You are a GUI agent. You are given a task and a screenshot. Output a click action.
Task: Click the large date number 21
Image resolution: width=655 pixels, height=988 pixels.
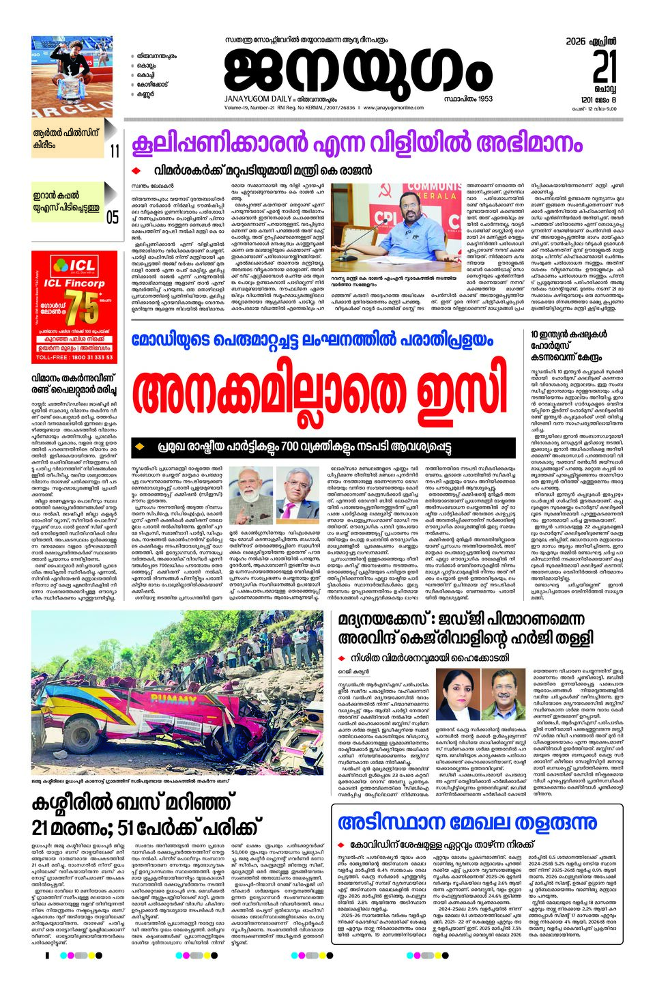pyautogui.click(x=605, y=68)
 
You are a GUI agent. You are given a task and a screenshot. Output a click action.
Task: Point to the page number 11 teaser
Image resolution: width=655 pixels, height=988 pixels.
pyautogui.click(x=114, y=150)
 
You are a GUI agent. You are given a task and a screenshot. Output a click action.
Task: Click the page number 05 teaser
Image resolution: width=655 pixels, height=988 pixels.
pyautogui.click(x=113, y=217)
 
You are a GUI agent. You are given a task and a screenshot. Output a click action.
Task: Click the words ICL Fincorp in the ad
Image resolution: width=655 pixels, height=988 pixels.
pyautogui.click(x=74, y=283)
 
